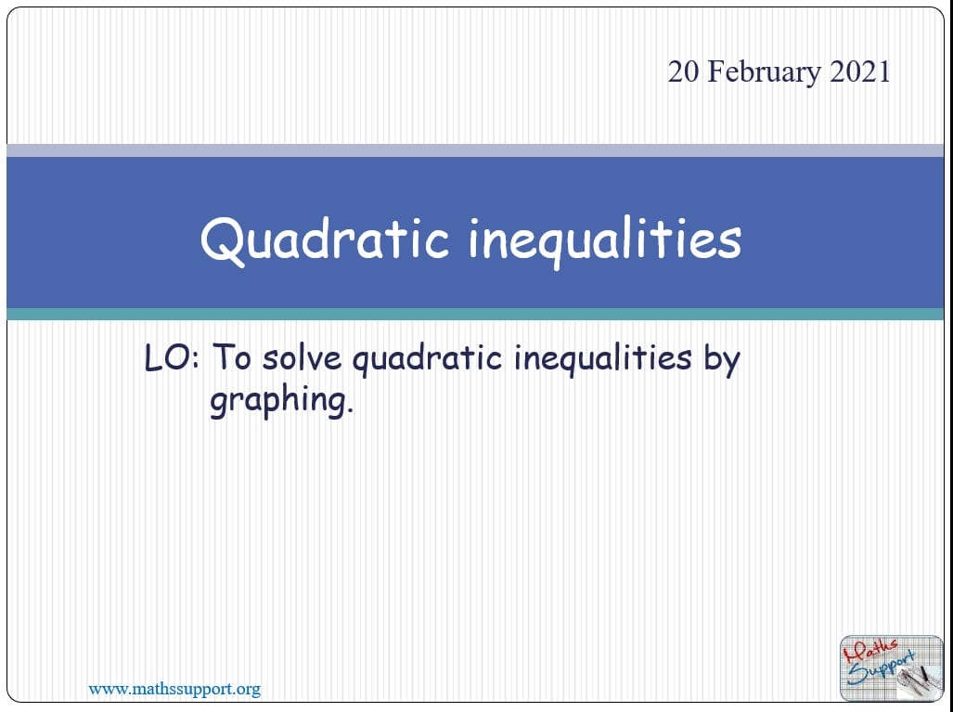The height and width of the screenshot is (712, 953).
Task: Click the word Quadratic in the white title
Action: click(325, 239)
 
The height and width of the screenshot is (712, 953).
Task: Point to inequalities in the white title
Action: click(605, 239)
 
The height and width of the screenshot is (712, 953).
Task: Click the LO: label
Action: click(172, 357)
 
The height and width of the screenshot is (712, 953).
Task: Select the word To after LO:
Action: click(232, 356)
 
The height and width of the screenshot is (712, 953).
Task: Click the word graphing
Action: click(277, 401)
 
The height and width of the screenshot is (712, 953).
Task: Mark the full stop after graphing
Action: click(350, 411)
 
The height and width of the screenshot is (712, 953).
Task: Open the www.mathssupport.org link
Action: click(174, 689)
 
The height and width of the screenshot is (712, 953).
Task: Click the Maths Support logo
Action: click(891, 667)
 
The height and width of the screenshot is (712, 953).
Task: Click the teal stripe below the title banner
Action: click(475, 315)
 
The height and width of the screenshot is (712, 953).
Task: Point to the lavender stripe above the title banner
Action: click(475, 150)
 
